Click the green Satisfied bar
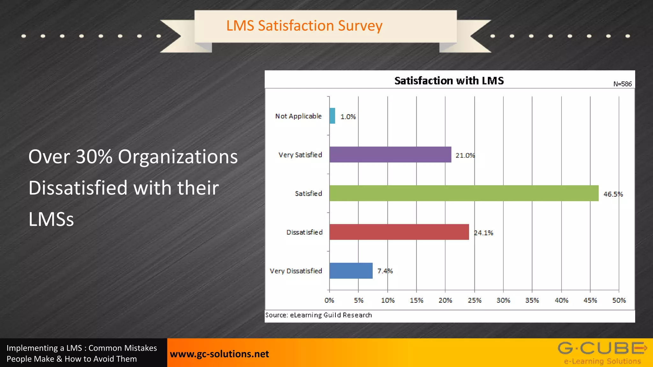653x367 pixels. click(x=464, y=193)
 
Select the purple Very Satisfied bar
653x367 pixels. click(x=390, y=155)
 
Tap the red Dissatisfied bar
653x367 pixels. click(x=399, y=232)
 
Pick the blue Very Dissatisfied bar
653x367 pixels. click(x=351, y=271)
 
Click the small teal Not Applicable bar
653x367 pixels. click(x=332, y=116)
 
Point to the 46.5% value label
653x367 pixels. click(x=613, y=194)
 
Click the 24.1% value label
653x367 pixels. click(x=483, y=233)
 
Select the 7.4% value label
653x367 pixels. click(x=385, y=271)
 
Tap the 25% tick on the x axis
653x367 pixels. click(x=474, y=300)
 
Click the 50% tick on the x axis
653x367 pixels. click(x=619, y=300)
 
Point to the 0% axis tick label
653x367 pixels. click(x=329, y=300)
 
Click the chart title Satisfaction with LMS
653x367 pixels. click(x=449, y=81)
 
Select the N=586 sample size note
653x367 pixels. click(x=622, y=84)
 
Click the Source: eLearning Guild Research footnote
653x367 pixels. click(x=319, y=315)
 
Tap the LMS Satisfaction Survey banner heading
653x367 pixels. click(x=304, y=26)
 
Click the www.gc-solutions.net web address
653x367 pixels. click(x=219, y=354)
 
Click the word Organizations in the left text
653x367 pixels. click(x=178, y=157)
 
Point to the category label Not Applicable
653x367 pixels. click(x=298, y=116)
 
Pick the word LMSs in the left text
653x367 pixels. click(x=51, y=219)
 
